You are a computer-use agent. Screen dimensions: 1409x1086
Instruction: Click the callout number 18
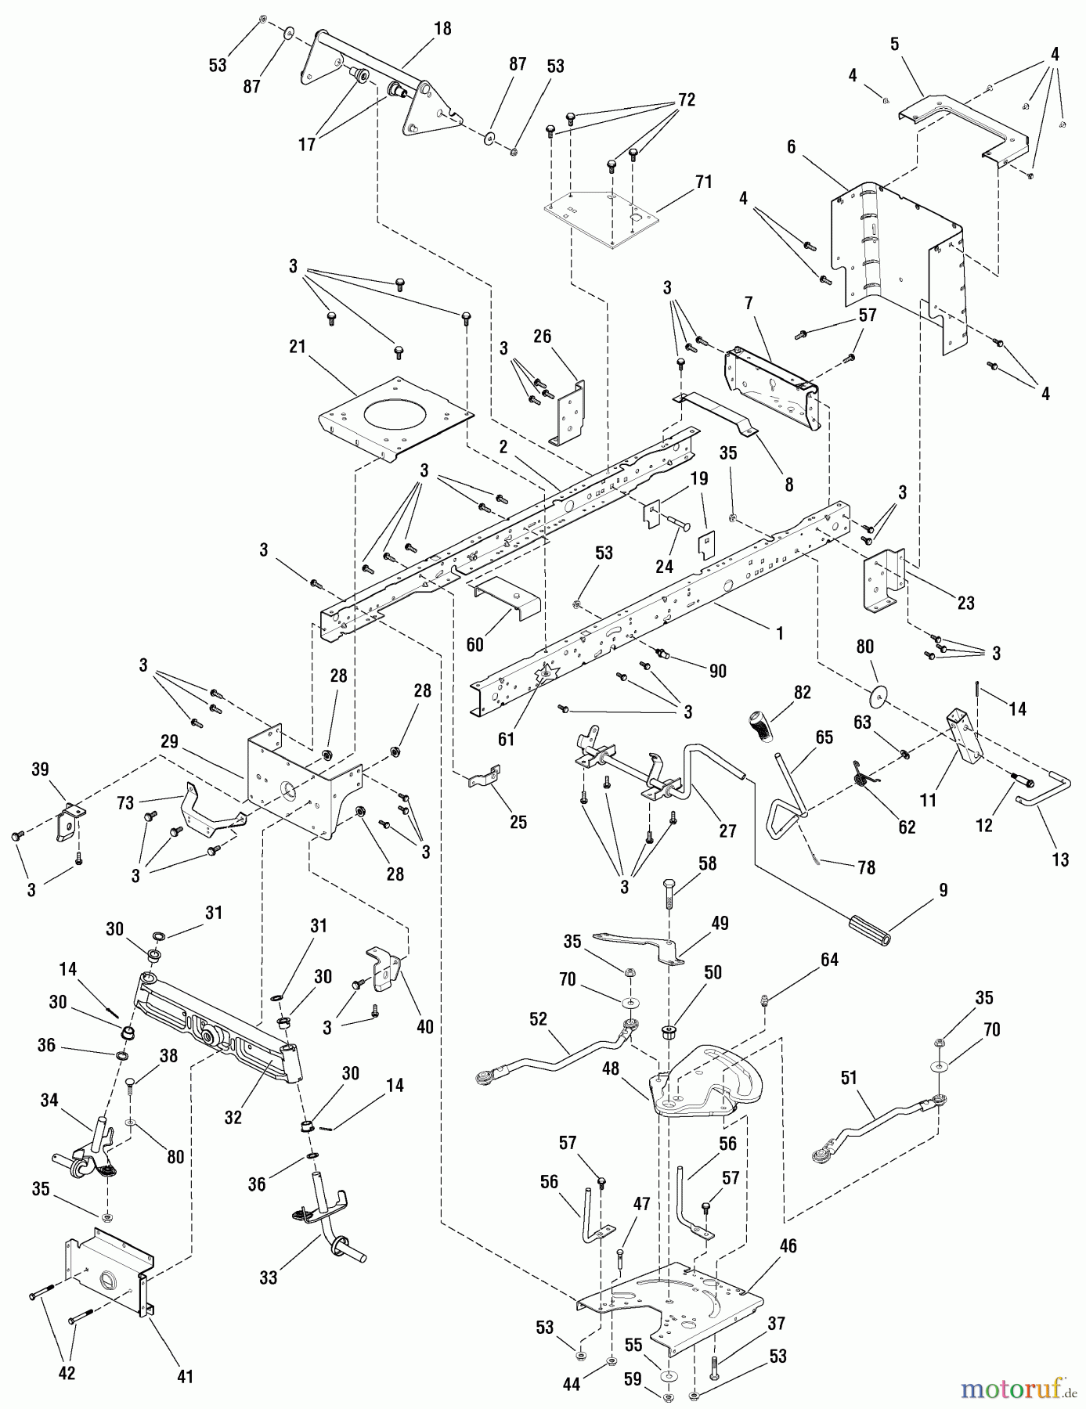[x=442, y=29]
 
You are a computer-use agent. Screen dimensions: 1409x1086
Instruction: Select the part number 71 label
[x=703, y=182]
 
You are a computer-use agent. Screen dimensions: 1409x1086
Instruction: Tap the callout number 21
[x=298, y=346]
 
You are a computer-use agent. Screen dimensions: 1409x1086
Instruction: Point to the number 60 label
[x=474, y=645]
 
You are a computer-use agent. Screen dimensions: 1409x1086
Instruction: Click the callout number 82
[x=802, y=693]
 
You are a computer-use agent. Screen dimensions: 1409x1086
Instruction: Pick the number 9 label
[x=943, y=890]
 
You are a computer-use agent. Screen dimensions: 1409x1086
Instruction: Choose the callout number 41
[x=185, y=1376]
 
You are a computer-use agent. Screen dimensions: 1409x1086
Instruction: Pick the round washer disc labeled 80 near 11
[x=881, y=694]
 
